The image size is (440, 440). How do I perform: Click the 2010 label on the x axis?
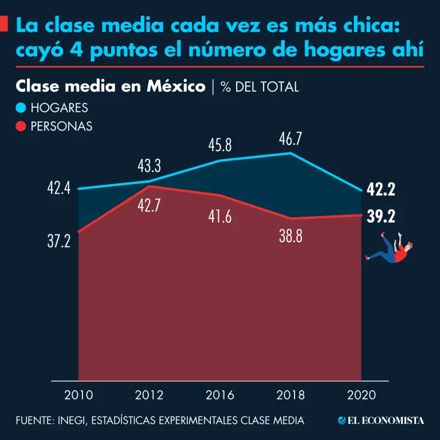tap(78, 395)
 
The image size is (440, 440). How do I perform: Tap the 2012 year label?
tap(149, 395)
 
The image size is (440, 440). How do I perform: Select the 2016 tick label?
tap(220, 395)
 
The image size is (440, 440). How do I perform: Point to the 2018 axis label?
tap(290, 395)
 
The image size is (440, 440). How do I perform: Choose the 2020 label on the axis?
tap(362, 395)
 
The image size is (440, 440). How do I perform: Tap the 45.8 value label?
tap(220, 146)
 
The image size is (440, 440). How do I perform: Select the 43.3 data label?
tap(149, 167)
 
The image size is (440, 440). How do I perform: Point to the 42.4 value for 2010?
tap(58, 188)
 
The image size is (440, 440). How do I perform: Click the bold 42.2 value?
tap(382, 190)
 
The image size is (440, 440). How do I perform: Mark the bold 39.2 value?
tap(382, 217)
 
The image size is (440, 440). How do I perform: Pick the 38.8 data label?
tap(290, 236)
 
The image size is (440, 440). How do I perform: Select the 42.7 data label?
tap(149, 206)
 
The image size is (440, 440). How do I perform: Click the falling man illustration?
tap(391, 252)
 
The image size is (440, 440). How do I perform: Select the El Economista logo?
tap(381, 421)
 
